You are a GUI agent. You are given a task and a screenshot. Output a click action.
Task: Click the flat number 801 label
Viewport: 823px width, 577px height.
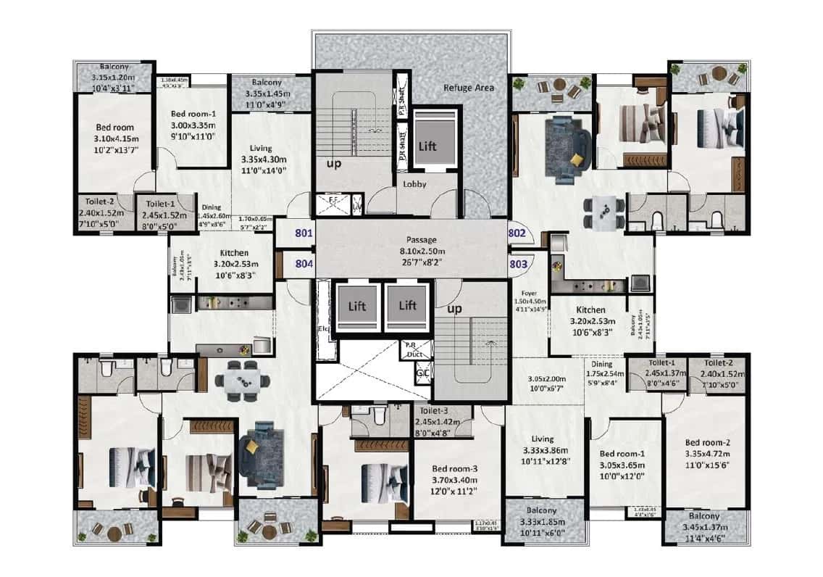coord(303,233)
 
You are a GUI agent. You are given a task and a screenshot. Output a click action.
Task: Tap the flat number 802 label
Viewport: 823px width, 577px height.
coord(517,233)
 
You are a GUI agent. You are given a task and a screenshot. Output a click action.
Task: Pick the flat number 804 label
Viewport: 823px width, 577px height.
coord(303,264)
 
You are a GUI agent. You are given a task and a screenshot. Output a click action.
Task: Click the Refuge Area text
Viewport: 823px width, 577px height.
coord(468,88)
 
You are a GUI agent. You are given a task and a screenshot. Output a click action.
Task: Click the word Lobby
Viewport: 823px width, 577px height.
coord(415,184)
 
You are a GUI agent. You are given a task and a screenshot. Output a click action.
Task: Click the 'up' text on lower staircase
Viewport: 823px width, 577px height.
coord(456,309)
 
